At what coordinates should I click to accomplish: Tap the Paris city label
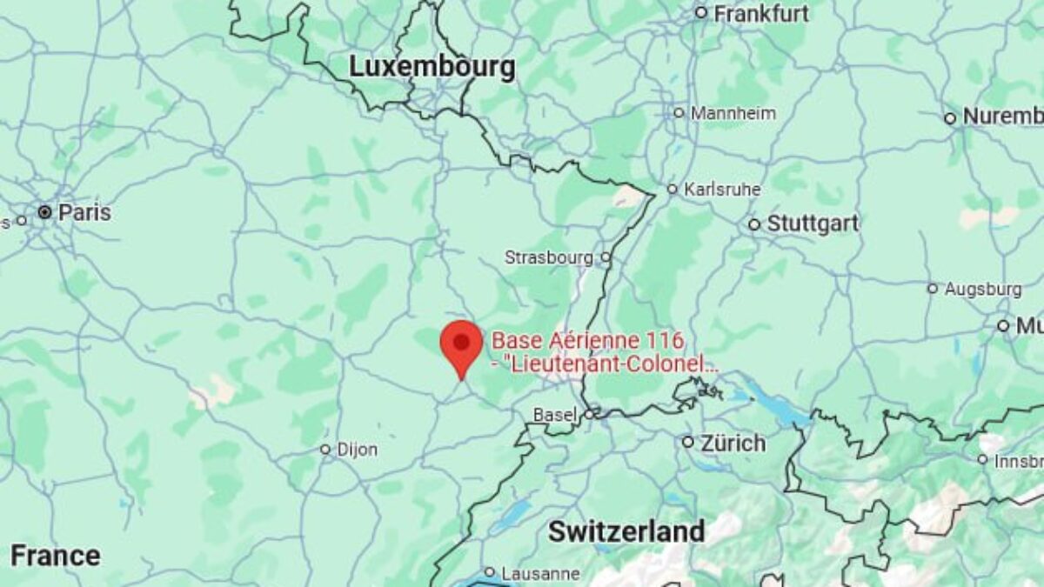84,212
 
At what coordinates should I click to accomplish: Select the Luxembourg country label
432,66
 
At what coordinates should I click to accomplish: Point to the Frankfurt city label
761,13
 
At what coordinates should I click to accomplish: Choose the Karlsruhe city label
722,189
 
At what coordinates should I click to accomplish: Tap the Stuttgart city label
812,223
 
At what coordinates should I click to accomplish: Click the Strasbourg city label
549,257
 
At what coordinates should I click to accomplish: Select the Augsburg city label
983,288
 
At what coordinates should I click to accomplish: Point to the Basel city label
555,415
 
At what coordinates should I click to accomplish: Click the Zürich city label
734,443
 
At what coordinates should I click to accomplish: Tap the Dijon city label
357,450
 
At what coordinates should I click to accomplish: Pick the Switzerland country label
626,531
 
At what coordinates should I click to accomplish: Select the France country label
55,555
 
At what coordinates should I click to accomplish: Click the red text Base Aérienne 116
588,341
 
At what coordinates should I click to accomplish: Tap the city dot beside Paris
44,212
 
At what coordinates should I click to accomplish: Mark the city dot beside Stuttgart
754,224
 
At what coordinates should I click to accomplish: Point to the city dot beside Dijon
325,450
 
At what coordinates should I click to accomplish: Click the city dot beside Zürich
687,443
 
